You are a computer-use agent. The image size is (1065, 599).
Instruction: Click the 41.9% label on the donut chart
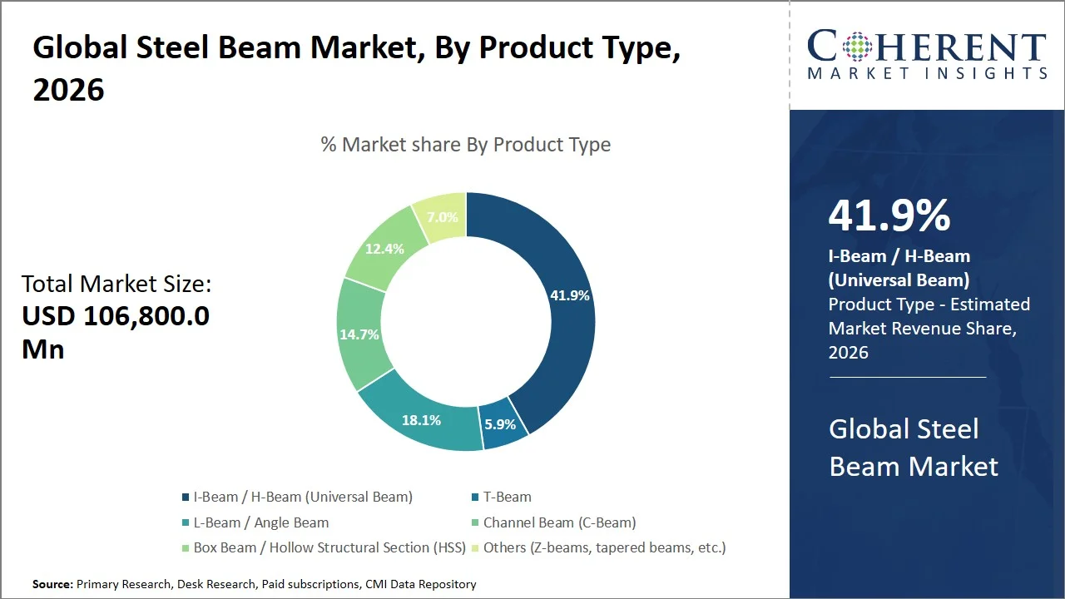570,295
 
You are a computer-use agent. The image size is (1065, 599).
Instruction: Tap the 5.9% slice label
500,424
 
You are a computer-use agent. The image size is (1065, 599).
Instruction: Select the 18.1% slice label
421,420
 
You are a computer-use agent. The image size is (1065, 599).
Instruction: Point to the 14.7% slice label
359,334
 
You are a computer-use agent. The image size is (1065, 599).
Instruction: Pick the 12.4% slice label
384,248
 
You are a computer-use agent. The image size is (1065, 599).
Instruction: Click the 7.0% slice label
442,217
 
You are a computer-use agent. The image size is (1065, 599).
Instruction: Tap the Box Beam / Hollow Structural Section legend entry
323,548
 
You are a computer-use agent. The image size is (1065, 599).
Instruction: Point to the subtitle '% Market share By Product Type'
466,145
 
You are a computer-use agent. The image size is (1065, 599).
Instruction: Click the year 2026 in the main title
69,89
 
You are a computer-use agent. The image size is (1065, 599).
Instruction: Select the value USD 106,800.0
116,316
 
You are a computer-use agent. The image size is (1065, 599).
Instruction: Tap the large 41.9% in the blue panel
889,216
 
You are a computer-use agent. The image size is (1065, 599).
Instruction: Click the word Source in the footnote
52,585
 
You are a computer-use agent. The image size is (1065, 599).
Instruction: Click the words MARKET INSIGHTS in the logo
927,74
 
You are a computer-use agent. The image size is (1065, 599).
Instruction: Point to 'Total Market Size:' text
116,285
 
